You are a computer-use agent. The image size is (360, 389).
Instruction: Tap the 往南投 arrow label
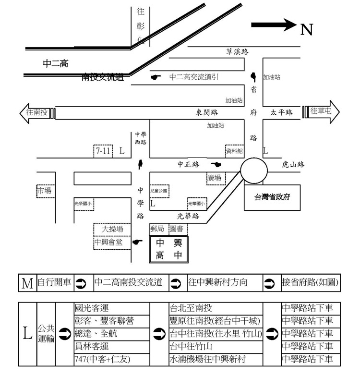click(x=36, y=112)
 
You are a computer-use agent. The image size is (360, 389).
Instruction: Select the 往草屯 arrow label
click(x=321, y=111)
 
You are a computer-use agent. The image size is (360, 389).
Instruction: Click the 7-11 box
click(x=103, y=151)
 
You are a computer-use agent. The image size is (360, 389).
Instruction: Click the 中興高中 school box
click(x=168, y=249)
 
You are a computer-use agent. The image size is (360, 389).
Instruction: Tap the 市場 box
click(x=44, y=191)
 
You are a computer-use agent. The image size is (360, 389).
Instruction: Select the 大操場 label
click(x=112, y=230)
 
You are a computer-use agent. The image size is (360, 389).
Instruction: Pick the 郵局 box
click(x=157, y=230)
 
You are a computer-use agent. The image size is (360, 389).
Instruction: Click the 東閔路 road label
click(x=207, y=112)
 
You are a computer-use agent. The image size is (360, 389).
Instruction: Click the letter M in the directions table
click(x=27, y=283)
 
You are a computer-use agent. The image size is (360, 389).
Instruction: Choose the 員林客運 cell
click(x=93, y=346)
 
